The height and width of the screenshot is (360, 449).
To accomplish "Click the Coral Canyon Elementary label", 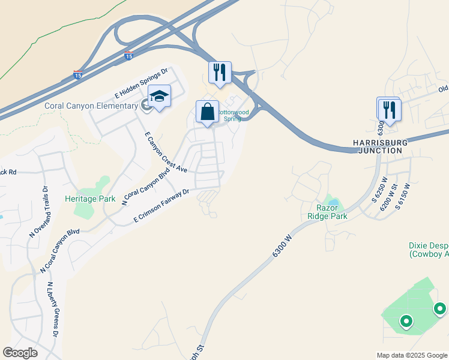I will [91, 106].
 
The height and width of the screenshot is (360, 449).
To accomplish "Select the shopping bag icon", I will [207, 112].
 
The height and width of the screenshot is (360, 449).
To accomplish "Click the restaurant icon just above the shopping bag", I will [220, 73].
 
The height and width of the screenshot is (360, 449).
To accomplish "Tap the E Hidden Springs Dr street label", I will [141, 85].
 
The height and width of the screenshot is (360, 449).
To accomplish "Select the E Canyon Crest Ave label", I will [164, 152].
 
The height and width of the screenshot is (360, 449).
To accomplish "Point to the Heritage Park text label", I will [90, 198].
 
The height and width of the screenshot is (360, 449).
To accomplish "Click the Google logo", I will [20, 353].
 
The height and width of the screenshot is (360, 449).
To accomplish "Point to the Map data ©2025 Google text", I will [412, 355].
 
